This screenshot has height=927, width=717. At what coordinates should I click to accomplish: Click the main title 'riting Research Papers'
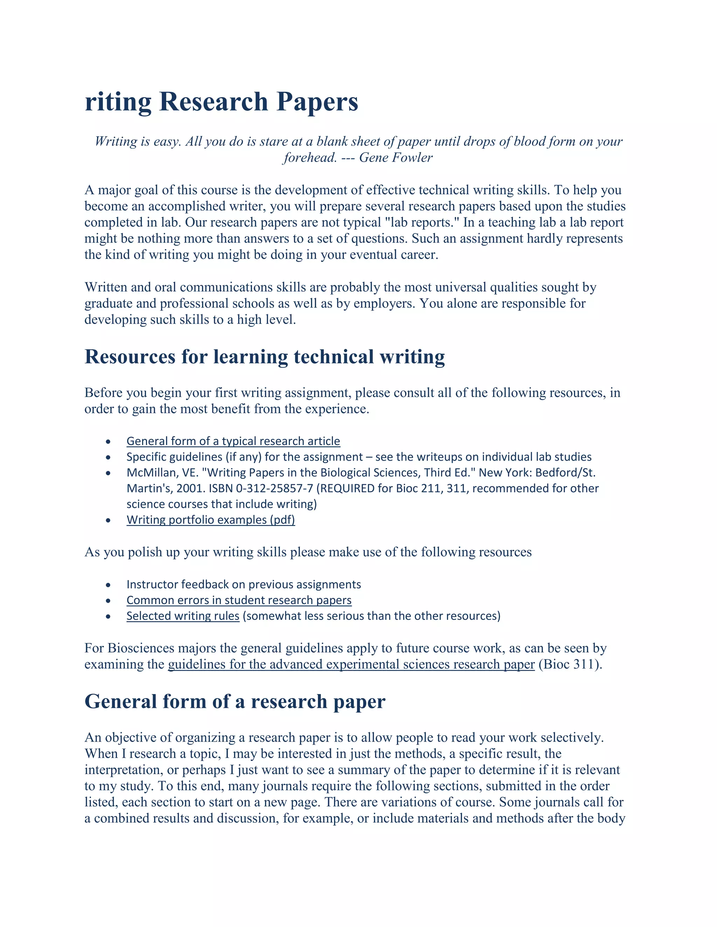pos(221,102)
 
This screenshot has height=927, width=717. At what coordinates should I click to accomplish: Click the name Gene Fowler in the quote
pos(396,157)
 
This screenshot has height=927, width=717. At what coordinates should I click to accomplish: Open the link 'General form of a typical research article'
pos(233,441)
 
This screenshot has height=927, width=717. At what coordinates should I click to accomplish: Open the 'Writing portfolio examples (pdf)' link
pos(211,519)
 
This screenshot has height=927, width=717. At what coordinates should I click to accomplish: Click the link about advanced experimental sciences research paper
pos(351,664)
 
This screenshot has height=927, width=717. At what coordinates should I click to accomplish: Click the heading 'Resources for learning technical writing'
pos(264,356)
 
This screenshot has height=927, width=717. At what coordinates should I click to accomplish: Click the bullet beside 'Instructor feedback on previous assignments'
pos(108,585)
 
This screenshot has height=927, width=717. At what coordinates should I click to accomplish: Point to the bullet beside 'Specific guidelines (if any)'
pos(108,458)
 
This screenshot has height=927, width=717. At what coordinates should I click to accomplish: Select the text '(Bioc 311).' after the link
pos(570,664)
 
